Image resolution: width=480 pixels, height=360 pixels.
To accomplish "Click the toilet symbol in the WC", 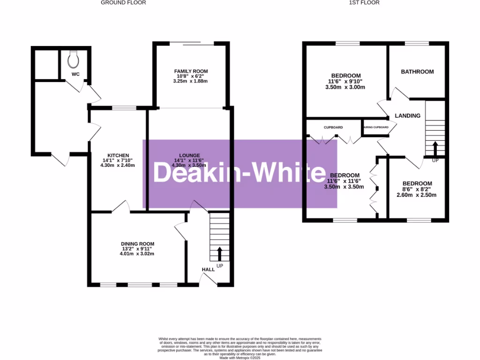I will pos(73,59).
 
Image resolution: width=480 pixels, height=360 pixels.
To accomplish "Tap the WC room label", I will pos(76,74).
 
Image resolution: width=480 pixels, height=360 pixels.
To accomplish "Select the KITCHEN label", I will pos(118,156).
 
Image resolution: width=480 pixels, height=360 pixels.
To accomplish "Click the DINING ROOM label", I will pos(138,244).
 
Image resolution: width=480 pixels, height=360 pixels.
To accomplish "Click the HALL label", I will pos(208,270).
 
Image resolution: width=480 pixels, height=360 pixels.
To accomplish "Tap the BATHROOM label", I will pos(417,72).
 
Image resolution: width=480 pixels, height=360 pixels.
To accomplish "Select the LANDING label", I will pos(407,116).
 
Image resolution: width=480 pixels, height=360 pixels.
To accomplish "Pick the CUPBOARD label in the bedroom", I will pos(333,127).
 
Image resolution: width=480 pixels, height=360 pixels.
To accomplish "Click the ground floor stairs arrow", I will pos(219,254).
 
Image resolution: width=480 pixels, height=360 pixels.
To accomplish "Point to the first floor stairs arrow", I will pos(435,149).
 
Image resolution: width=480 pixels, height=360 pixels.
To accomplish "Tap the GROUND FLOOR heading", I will pos(124,3).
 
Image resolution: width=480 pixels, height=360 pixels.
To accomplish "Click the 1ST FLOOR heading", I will pos(364,3).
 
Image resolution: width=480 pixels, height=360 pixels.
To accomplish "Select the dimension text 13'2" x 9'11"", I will pos(138,249).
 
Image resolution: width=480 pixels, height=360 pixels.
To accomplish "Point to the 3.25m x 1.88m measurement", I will pos(190,81).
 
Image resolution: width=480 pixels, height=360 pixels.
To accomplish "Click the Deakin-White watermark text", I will pos(240,173).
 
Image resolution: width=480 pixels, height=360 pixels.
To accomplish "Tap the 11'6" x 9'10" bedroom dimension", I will pos(345,81).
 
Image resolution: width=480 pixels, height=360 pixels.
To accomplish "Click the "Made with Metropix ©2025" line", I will pos(240,358).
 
